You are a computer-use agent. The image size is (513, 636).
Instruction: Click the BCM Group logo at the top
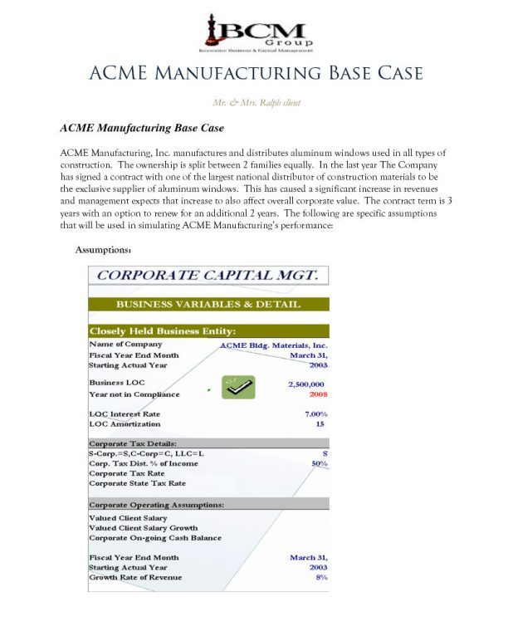(x=256, y=32)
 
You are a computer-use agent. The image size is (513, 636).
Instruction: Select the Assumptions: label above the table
(x=104, y=250)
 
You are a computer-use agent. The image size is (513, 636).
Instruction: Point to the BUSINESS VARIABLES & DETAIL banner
(x=208, y=305)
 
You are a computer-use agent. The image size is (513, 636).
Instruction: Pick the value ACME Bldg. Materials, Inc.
(x=273, y=345)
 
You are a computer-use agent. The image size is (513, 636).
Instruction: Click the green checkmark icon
(x=238, y=388)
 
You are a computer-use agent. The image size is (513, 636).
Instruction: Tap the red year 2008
(x=315, y=395)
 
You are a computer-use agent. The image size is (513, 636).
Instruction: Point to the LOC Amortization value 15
(x=320, y=423)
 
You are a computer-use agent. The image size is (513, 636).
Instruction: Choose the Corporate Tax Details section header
(x=133, y=443)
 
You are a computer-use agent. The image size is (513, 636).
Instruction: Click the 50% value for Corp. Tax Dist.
(x=319, y=463)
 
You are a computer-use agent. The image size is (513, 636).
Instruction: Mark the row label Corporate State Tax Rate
(x=137, y=483)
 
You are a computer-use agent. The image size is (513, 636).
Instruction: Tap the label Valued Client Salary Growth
(x=144, y=528)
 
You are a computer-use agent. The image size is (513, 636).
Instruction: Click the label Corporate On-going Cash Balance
(x=155, y=538)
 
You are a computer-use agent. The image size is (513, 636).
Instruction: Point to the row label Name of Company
(x=125, y=344)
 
